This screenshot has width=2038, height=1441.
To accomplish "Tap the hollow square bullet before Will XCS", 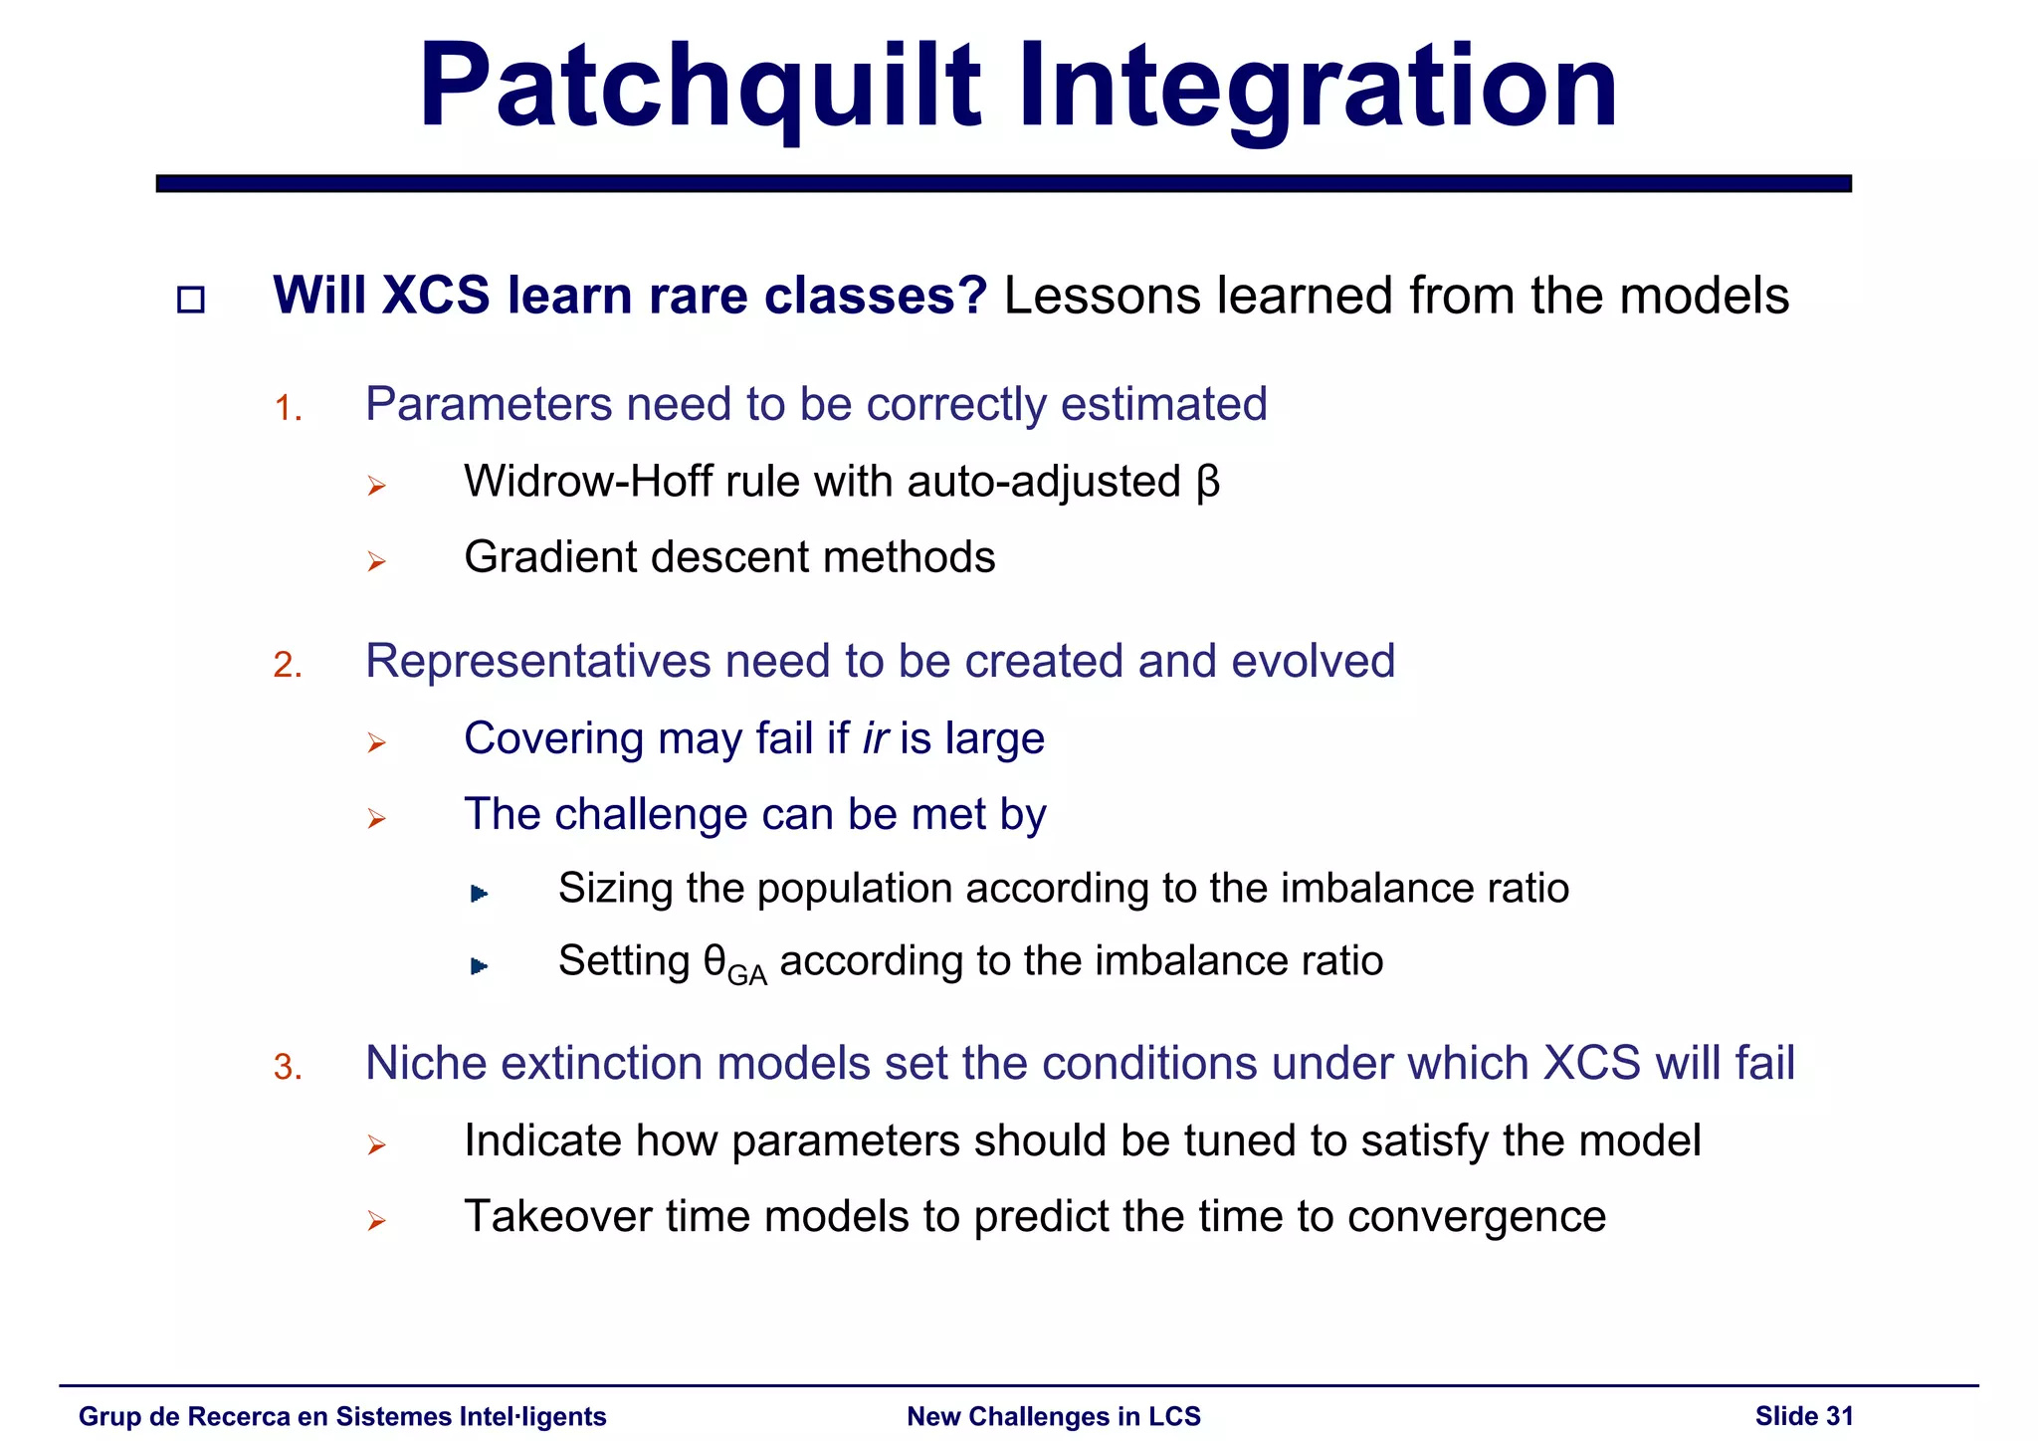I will [190, 300].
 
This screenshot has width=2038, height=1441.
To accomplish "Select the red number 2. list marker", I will [288, 665].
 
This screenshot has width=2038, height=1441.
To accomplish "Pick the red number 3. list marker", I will [288, 1067].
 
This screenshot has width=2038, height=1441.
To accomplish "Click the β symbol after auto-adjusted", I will [1207, 484].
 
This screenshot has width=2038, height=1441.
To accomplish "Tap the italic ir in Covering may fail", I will [875, 738].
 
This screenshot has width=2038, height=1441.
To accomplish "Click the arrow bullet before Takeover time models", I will [376, 1221].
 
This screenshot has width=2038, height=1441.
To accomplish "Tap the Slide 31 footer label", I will [1803, 1416].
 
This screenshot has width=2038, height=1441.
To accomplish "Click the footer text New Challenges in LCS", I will [1053, 1416].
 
